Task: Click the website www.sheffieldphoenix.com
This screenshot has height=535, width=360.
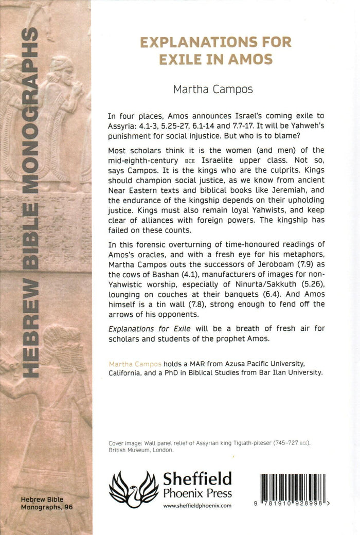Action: coord(197,506)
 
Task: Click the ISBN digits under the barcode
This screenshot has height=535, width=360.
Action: coord(294,504)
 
